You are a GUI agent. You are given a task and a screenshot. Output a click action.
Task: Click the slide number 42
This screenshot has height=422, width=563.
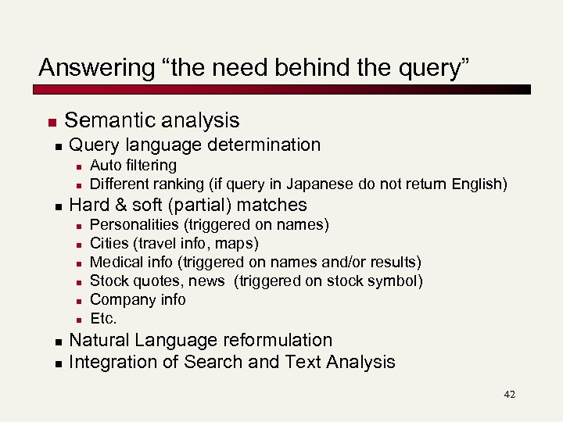click(x=510, y=395)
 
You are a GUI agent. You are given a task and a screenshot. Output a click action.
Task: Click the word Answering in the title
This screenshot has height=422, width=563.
click(x=87, y=68)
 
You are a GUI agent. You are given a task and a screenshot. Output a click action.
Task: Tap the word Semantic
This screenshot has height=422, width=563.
click(x=107, y=120)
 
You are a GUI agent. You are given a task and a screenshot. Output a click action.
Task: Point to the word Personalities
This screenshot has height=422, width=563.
click(x=136, y=225)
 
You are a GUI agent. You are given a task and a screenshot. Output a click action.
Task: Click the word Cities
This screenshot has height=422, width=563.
click(x=110, y=244)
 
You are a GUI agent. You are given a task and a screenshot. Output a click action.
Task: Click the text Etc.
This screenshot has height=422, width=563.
click(x=103, y=318)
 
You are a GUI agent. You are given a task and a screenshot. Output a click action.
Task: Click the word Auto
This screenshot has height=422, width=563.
click(x=105, y=166)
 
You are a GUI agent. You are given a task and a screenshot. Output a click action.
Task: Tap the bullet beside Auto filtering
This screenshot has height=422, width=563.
click(x=79, y=166)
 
